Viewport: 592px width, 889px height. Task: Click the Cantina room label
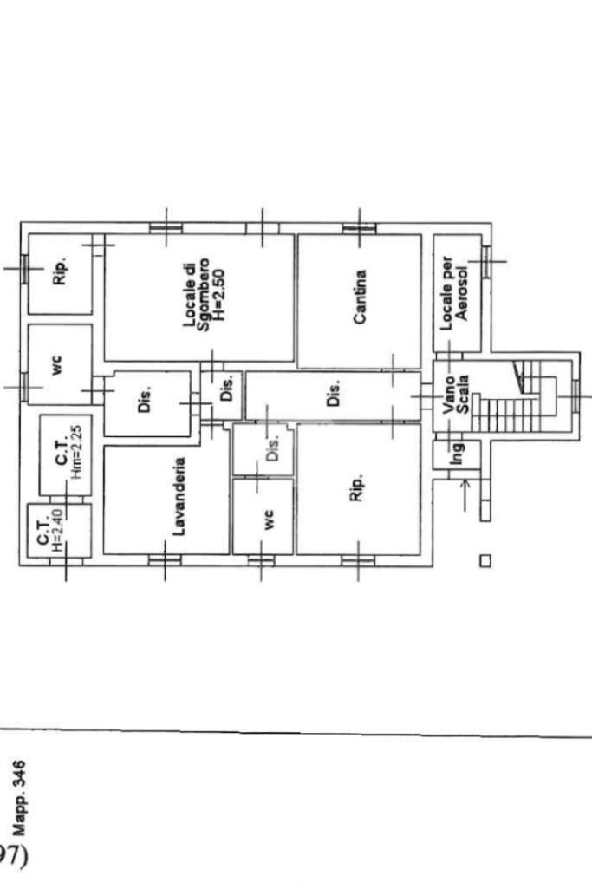click(x=360, y=297)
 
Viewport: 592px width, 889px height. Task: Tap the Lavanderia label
click(x=179, y=497)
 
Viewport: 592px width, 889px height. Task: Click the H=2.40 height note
click(x=57, y=531)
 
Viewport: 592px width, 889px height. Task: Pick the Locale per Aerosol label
click(x=454, y=293)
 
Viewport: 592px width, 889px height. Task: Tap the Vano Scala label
click(x=456, y=394)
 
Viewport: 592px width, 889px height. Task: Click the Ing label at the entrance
click(x=458, y=453)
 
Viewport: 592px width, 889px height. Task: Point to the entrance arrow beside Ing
click(x=465, y=495)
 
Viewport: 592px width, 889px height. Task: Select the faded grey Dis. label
click(x=272, y=448)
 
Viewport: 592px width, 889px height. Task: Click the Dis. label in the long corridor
click(x=335, y=392)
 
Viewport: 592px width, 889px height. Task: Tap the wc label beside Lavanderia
click(x=269, y=520)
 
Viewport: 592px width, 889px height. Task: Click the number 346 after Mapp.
click(x=19, y=774)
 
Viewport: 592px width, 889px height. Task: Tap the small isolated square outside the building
click(x=485, y=561)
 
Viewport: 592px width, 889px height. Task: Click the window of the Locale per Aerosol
click(x=486, y=261)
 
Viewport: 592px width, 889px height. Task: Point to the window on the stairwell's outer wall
click(x=575, y=395)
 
